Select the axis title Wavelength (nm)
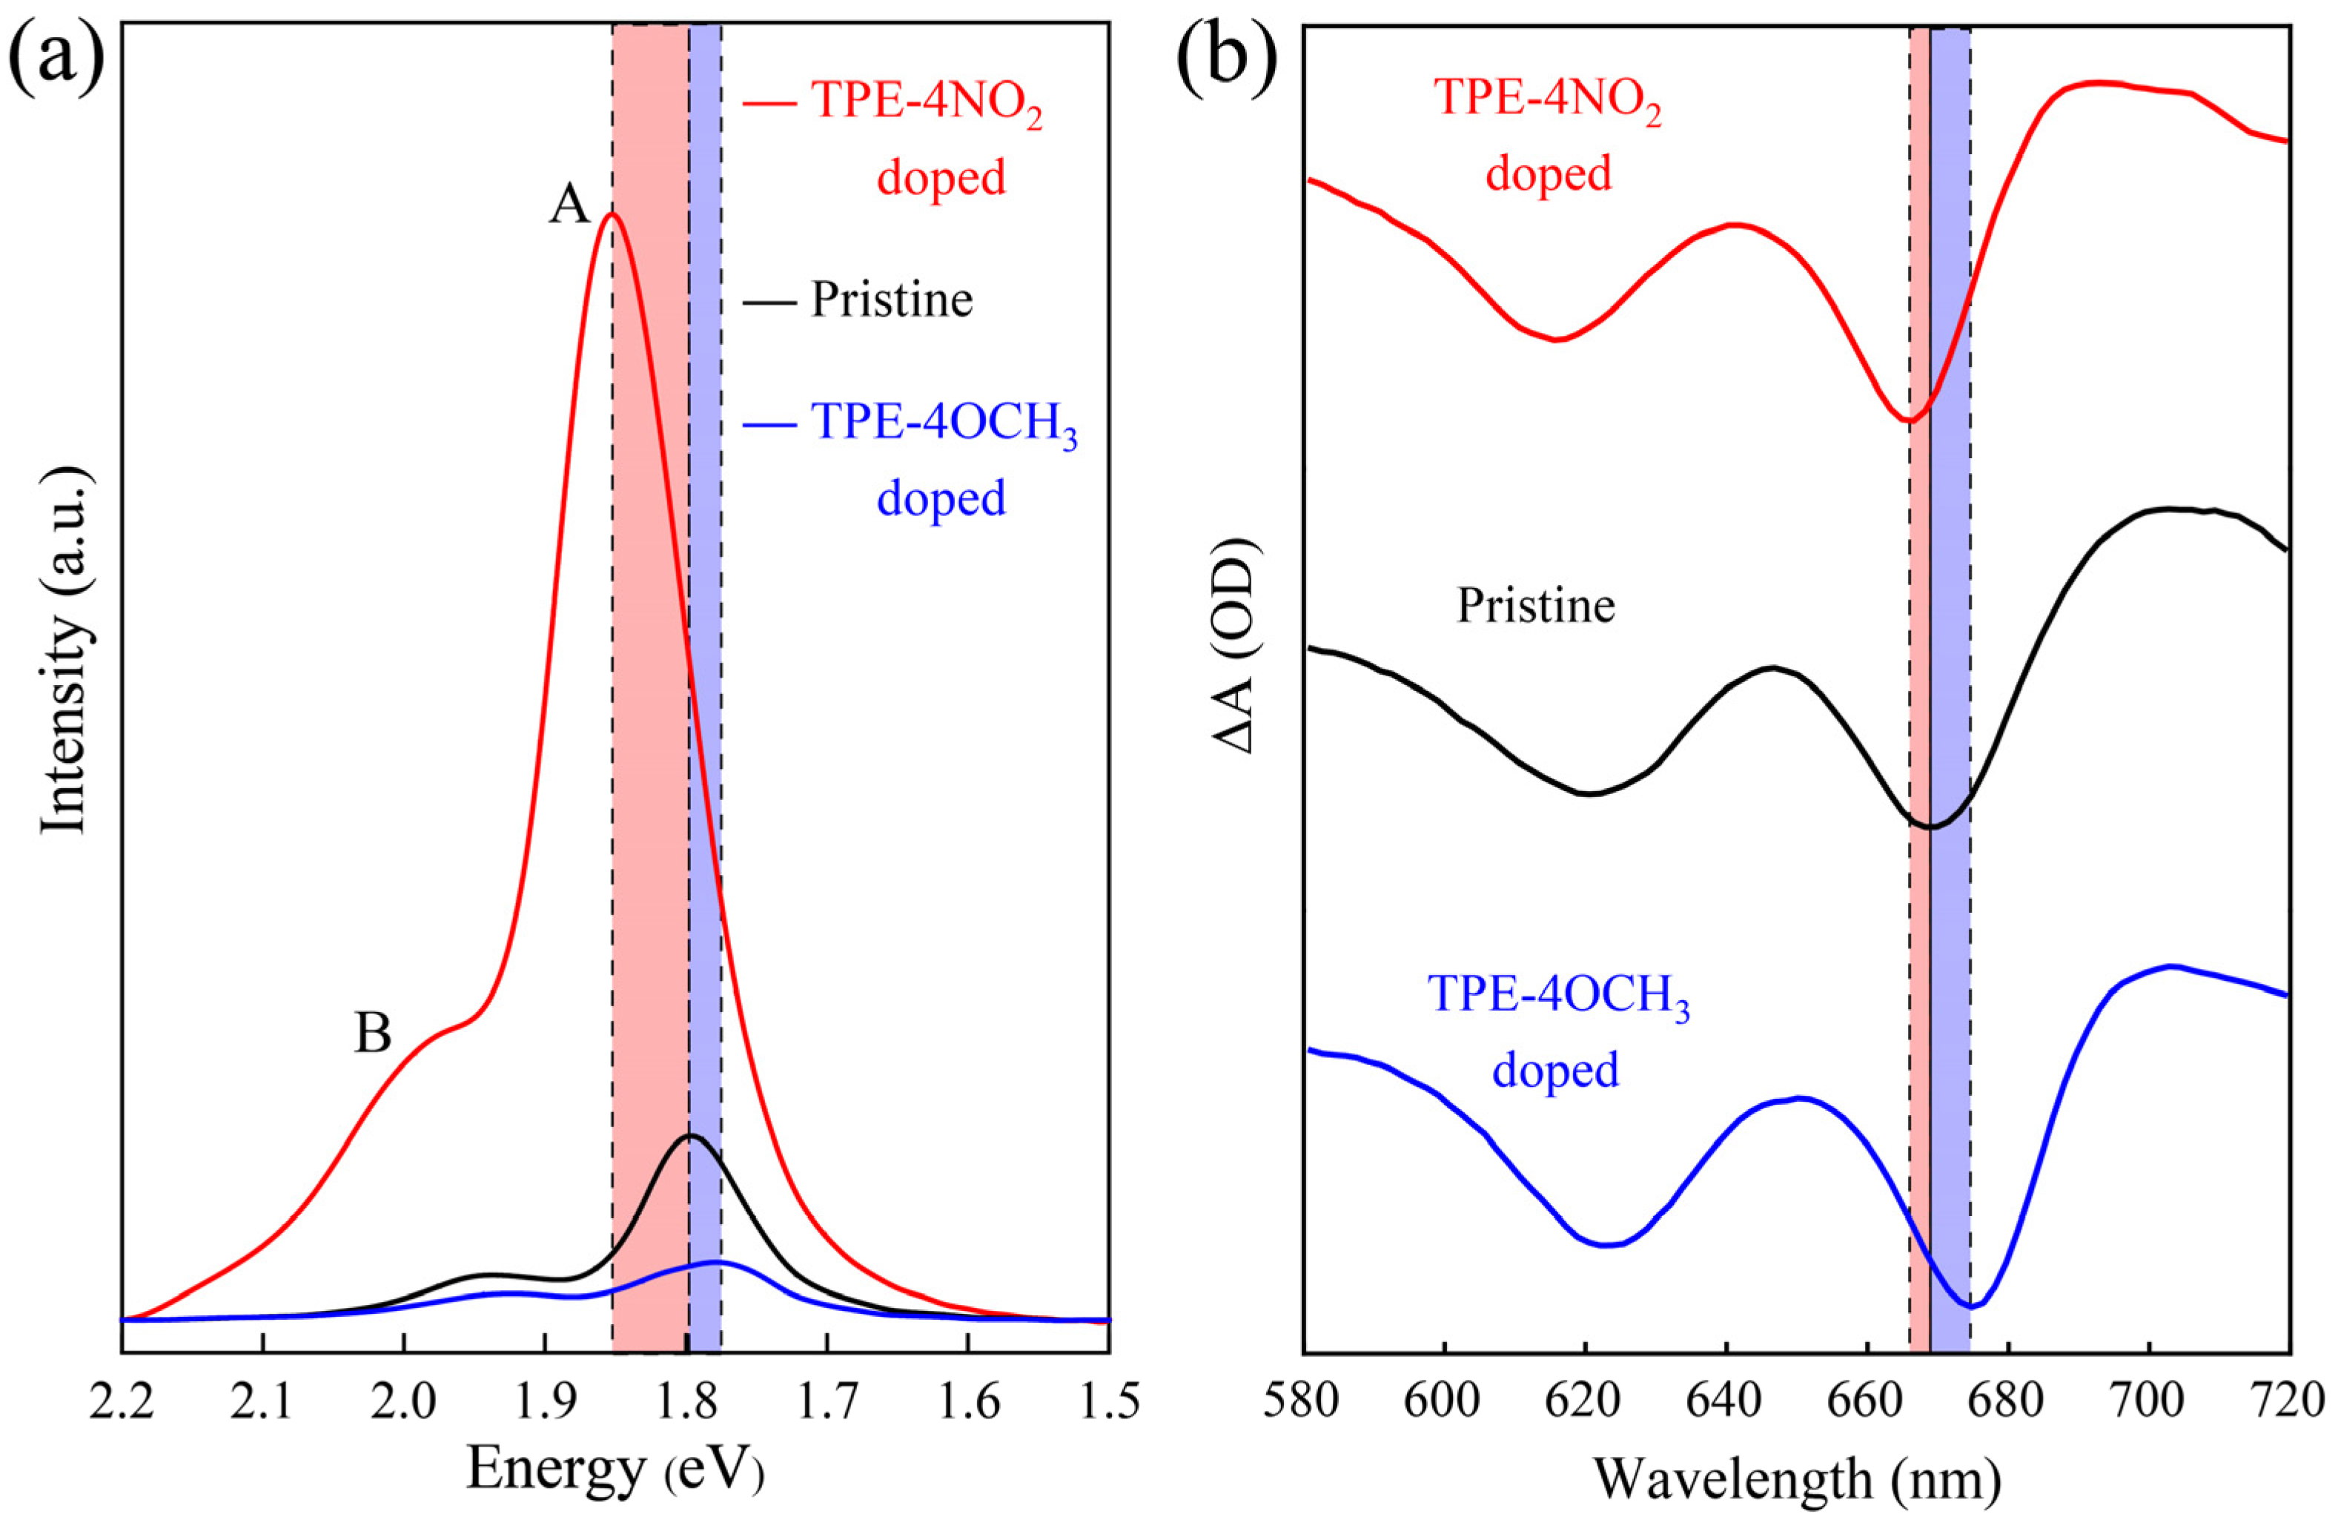pyautogui.click(x=1795, y=1478)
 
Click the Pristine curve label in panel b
pyautogui.click(x=1535, y=607)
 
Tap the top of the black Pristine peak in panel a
pyautogui.click(x=689, y=1136)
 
